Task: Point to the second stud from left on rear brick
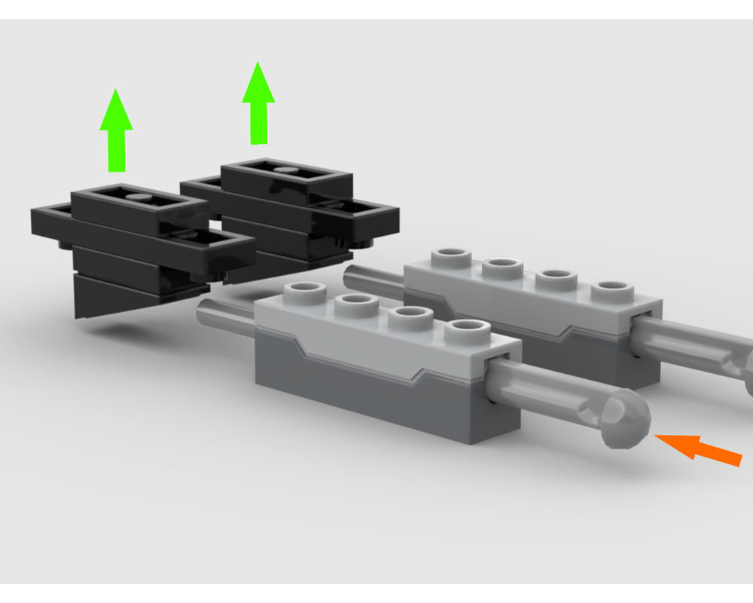click(x=502, y=266)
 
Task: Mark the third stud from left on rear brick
click(x=556, y=277)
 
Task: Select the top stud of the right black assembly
click(x=285, y=170)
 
